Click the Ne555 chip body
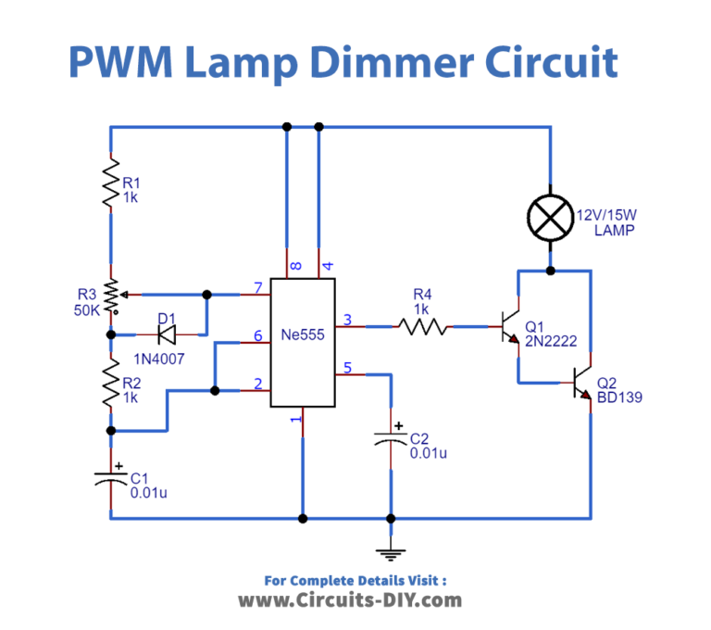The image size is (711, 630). click(x=303, y=343)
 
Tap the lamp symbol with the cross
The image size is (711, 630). click(x=551, y=220)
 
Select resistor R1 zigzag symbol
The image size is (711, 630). click(x=111, y=183)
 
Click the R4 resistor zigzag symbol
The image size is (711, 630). click(x=421, y=326)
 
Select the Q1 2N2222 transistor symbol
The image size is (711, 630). click(x=510, y=327)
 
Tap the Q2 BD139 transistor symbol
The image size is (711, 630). click(x=582, y=383)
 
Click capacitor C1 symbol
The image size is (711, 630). click(x=111, y=479)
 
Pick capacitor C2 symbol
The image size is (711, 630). click(x=391, y=440)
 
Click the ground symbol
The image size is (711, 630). click(x=391, y=554)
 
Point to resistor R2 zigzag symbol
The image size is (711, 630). click(x=111, y=382)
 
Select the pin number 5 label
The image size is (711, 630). click(x=347, y=367)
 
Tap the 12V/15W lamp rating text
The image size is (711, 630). click(x=607, y=215)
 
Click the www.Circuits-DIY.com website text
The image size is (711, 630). click(x=350, y=600)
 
